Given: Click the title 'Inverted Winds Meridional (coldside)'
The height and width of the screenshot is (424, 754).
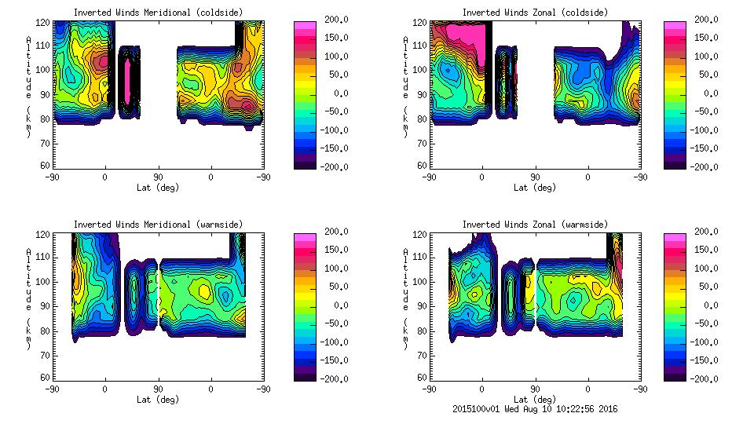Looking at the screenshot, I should point(159,13).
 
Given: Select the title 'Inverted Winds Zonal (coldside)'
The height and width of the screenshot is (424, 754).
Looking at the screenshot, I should point(535,13).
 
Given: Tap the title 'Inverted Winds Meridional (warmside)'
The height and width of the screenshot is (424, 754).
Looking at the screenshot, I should point(159,225).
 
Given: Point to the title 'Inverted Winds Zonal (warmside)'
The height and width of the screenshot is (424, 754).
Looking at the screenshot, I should point(535,225).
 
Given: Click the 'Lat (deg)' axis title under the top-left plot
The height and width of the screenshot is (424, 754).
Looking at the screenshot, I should point(159,188).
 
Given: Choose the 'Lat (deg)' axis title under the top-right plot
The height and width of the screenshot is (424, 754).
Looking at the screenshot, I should point(535,188).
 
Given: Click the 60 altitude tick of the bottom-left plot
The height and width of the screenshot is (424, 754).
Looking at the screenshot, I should point(47,377).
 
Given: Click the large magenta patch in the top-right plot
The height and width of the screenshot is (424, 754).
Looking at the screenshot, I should point(459,39).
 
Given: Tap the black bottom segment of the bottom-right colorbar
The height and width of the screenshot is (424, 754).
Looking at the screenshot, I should point(675,375).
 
